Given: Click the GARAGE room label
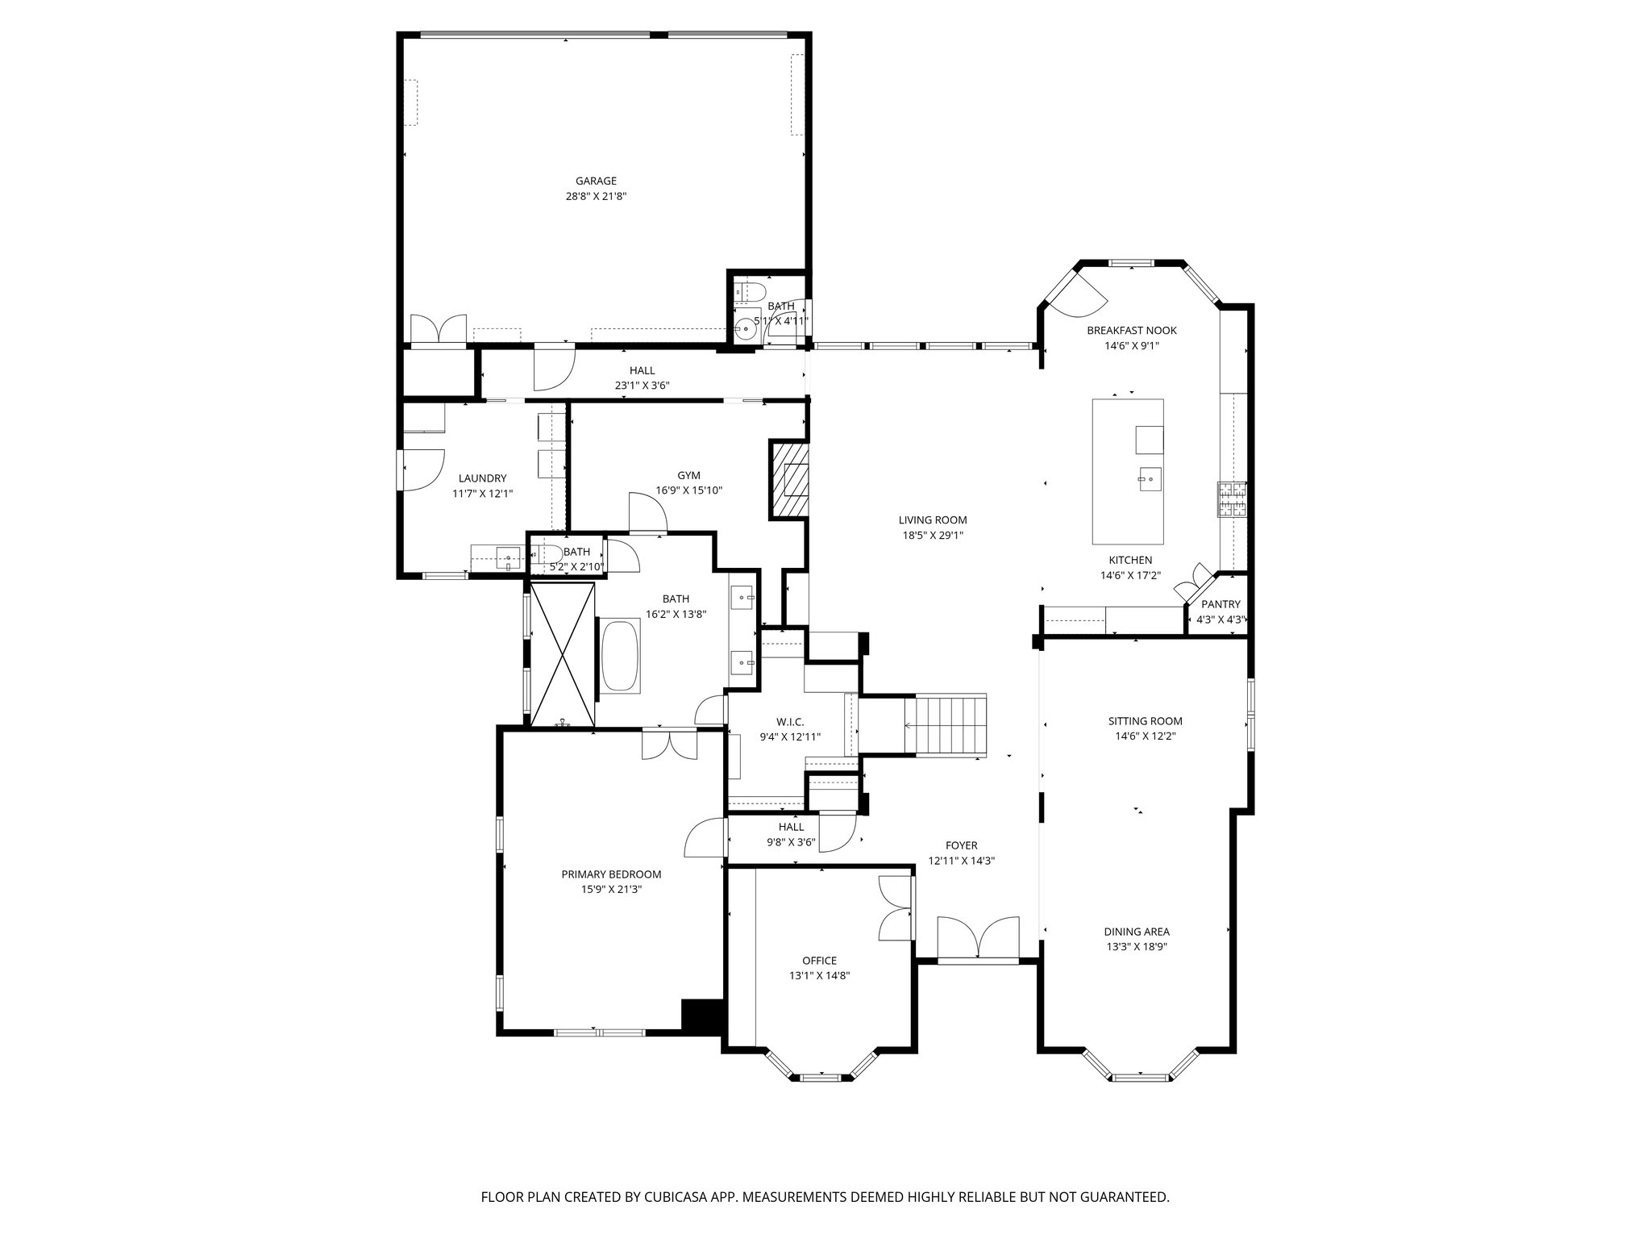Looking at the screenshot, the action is tap(596, 181).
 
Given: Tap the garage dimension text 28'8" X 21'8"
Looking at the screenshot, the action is tap(596, 196).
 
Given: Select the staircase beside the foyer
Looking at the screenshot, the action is tap(946, 724).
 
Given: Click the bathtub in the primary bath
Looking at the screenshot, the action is tap(618, 655).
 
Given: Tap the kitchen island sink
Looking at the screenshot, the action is tap(1150, 478).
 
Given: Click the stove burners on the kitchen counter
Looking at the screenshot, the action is tap(1232, 499).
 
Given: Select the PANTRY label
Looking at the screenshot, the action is tap(1221, 605).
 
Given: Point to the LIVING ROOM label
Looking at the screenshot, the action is tap(933, 520).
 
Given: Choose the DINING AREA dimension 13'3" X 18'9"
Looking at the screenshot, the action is tap(1137, 947).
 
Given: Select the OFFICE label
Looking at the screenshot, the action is tap(819, 961).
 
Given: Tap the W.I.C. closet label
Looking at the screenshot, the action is tap(790, 722).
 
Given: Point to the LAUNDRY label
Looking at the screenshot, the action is tap(482, 478).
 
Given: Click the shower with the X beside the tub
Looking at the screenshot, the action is tap(563, 654).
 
